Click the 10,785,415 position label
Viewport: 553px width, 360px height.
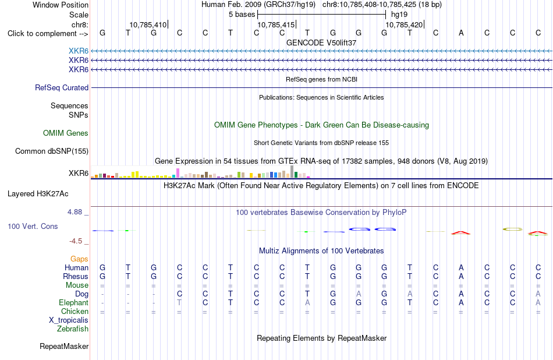pos(276,24)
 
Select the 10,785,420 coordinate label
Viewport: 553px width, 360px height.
pos(404,24)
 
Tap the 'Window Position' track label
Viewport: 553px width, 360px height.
pos(61,5)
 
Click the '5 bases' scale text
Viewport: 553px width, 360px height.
pos(242,15)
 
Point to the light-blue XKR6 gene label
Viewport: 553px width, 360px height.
pos(79,51)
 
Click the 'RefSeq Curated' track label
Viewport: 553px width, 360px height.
pos(62,87)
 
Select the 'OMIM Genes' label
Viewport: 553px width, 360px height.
pos(66,133)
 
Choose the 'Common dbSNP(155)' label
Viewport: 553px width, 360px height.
pos(52,151)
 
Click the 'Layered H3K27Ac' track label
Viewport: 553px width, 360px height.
pos(38,194)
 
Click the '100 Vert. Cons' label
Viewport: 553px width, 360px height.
pos(33,226)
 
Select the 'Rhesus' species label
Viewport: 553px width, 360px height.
pos(76,276)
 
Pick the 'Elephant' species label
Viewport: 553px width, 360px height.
pos(74,303)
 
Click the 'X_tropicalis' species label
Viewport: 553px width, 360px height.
pos(69,320)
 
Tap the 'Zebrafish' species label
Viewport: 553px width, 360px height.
pos(73,329)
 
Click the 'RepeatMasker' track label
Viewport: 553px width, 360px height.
pos(64,346)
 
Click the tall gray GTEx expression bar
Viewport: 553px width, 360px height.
pos(292,171)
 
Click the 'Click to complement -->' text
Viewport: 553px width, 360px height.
pos(48,34)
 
